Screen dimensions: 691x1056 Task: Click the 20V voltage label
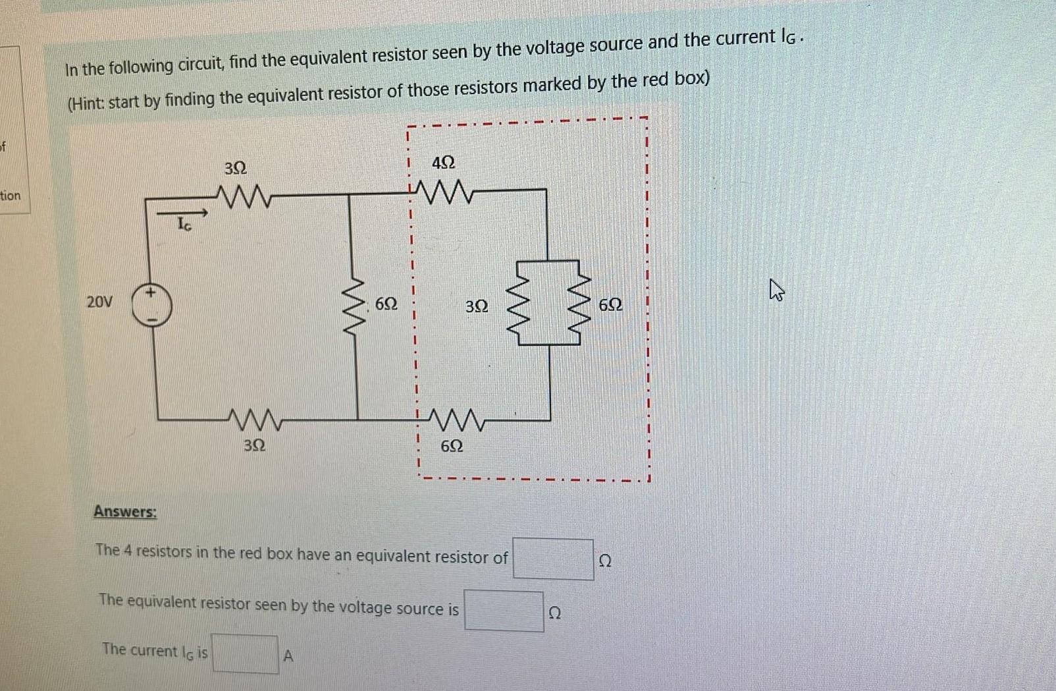point(99,302)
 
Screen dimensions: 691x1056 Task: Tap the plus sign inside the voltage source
point(151,292)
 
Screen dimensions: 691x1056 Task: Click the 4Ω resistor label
point(443,162)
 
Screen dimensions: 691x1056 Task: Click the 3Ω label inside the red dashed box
point(477,306)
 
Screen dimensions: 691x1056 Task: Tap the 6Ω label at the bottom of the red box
point(451,446)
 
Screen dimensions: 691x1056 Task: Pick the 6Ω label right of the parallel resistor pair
point(610,305)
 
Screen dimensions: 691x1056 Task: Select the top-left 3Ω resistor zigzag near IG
point(244,195)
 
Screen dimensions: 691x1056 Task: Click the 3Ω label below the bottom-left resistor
point(254,445)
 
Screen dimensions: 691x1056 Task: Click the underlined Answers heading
point(125,512)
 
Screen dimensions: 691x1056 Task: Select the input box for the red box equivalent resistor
point(553,559)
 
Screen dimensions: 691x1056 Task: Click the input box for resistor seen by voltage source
point(504,611)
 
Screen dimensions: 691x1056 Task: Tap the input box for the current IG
point(245,653)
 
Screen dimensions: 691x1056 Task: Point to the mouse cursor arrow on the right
point(776,289)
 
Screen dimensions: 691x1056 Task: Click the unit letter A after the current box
point(288,656)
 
